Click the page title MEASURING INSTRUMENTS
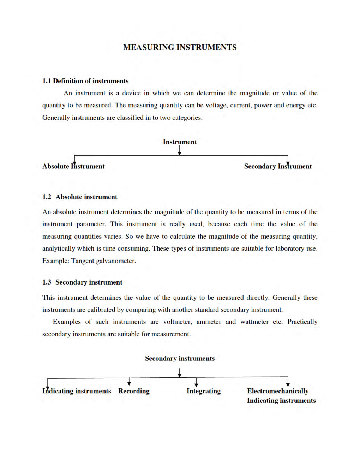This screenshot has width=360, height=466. (x=180, y=47)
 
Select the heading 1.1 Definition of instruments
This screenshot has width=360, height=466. (x=85, y=81)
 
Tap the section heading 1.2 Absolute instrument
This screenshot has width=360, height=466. (x=80, y=197)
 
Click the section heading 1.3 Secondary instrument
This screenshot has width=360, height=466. (x=82, y=282)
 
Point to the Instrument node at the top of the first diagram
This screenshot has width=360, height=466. (x=180, y=142)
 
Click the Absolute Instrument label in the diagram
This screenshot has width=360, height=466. (x=73, y=166)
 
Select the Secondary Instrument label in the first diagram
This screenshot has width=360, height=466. (x=278, y=166)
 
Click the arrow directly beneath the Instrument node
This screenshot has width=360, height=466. (x=180, y=151)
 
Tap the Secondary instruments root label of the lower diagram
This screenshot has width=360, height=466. (x=180, y=358)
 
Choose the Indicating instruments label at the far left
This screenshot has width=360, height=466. (x=77, y=391)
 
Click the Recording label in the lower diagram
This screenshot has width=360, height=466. (x=134, y=391)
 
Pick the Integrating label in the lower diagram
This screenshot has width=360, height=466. (x=203, y=391)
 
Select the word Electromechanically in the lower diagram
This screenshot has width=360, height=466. (x=277, y=391)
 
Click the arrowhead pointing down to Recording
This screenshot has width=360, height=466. (x=129, y=383)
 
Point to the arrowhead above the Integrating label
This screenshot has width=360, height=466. (x=196, y=384)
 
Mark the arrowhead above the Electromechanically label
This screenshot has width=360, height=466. (x=288, y=384)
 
